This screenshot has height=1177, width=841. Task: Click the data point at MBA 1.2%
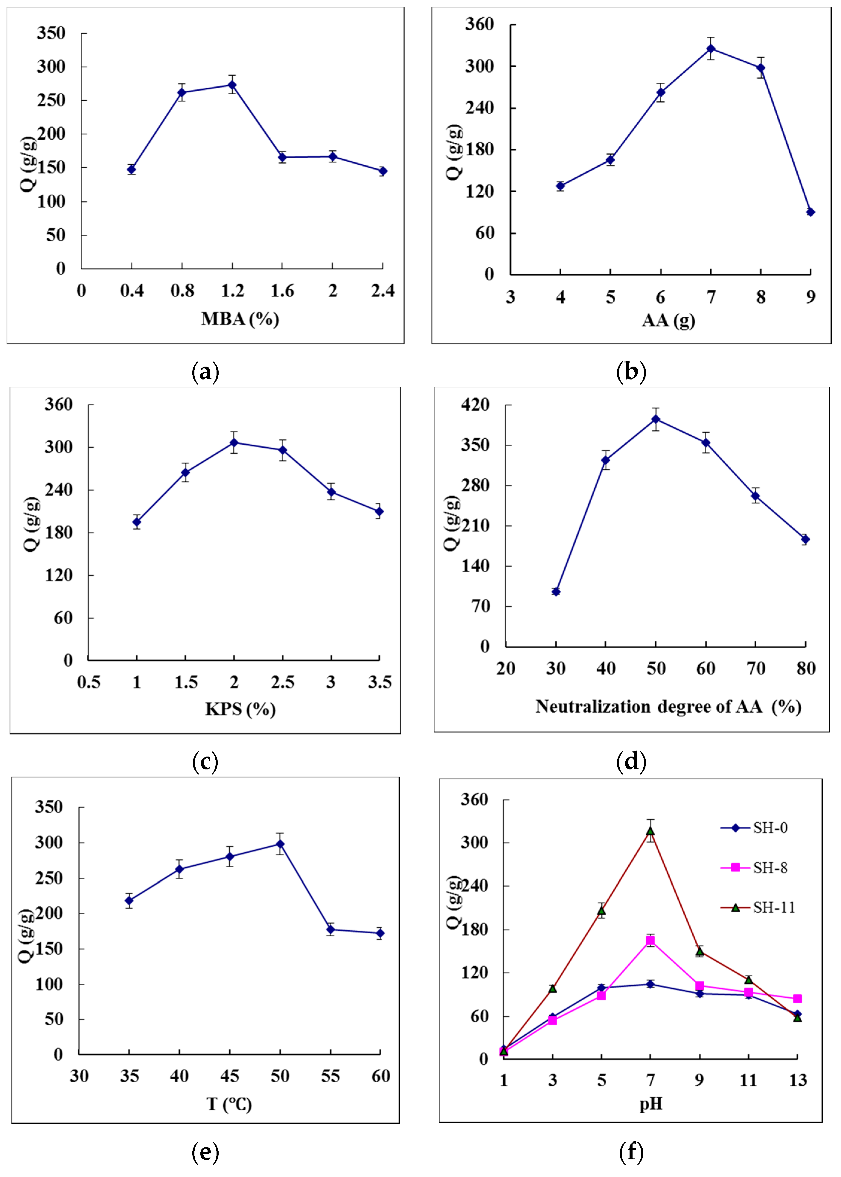pos(232,85)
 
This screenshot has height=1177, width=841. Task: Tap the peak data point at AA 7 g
pos(711,49)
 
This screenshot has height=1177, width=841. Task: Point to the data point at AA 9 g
pos(810,212)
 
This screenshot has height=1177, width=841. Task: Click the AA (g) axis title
pos(668,321)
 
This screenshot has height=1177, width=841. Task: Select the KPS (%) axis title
pos(240,709)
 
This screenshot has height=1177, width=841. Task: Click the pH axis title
pos(651,1105)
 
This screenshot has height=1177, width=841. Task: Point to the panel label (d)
pos(631,761)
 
